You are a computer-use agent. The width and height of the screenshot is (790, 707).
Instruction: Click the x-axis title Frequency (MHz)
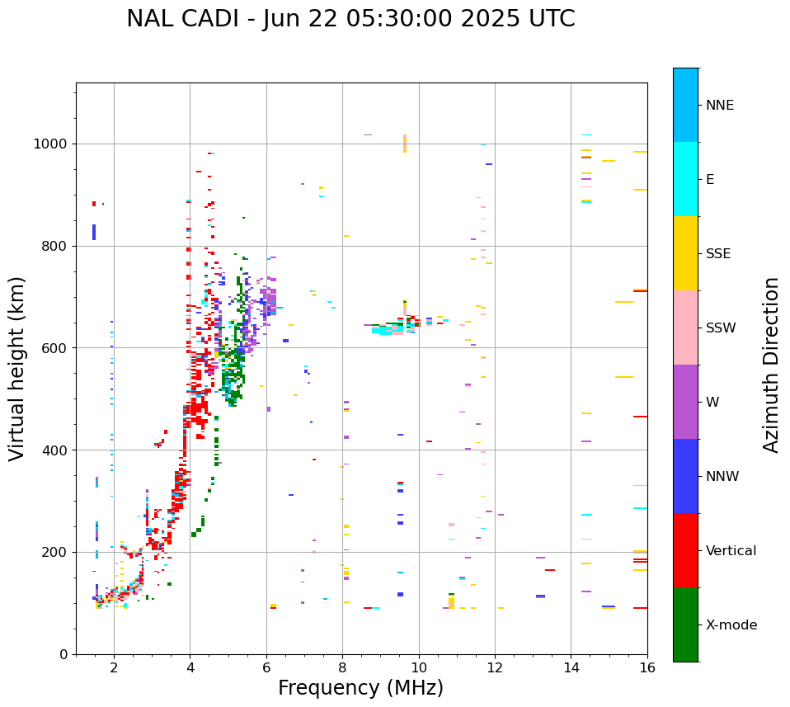coord(360,688)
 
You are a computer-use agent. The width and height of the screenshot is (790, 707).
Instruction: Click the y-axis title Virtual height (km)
coord(17,368)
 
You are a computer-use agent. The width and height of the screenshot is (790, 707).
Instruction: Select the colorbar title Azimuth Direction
coord(771,365)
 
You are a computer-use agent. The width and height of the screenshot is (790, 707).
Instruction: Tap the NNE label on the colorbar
coord(719,106)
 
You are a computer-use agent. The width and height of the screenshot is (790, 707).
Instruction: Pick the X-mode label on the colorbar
coord(731,625)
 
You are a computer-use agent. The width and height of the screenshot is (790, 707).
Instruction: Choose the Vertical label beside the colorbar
coord(731,551)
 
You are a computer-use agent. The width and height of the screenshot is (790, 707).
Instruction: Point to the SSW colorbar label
coord(721,328)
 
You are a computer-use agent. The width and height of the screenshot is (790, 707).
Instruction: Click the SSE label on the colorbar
coord(718,254)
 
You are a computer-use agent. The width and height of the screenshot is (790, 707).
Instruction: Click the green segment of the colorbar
coord(685,625)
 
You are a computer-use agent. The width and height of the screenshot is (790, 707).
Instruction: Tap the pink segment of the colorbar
coord(685,328)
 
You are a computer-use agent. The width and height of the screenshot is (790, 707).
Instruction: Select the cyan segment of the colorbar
coord(685,179)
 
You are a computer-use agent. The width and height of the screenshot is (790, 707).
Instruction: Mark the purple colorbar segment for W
coord(685,402)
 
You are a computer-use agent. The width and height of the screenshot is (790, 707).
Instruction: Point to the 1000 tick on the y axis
coord(52,144)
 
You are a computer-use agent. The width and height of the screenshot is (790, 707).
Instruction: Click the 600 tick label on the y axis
coord(56,348)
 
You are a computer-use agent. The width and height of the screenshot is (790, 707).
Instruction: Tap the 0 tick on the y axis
coord(65,654)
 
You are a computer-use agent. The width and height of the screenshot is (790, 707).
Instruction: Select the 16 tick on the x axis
coord(647,667)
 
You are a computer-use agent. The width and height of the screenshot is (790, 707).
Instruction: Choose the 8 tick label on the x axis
coord(342,667)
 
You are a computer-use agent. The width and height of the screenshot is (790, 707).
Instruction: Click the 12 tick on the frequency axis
coord(495,667)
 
